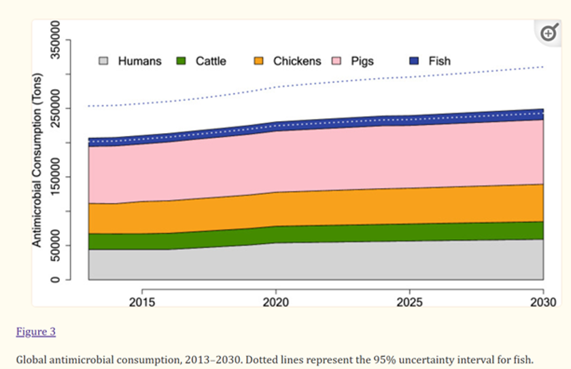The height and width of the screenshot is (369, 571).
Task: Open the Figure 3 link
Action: tap(35, 332)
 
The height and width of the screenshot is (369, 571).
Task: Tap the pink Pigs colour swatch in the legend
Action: tap(336, 61)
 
